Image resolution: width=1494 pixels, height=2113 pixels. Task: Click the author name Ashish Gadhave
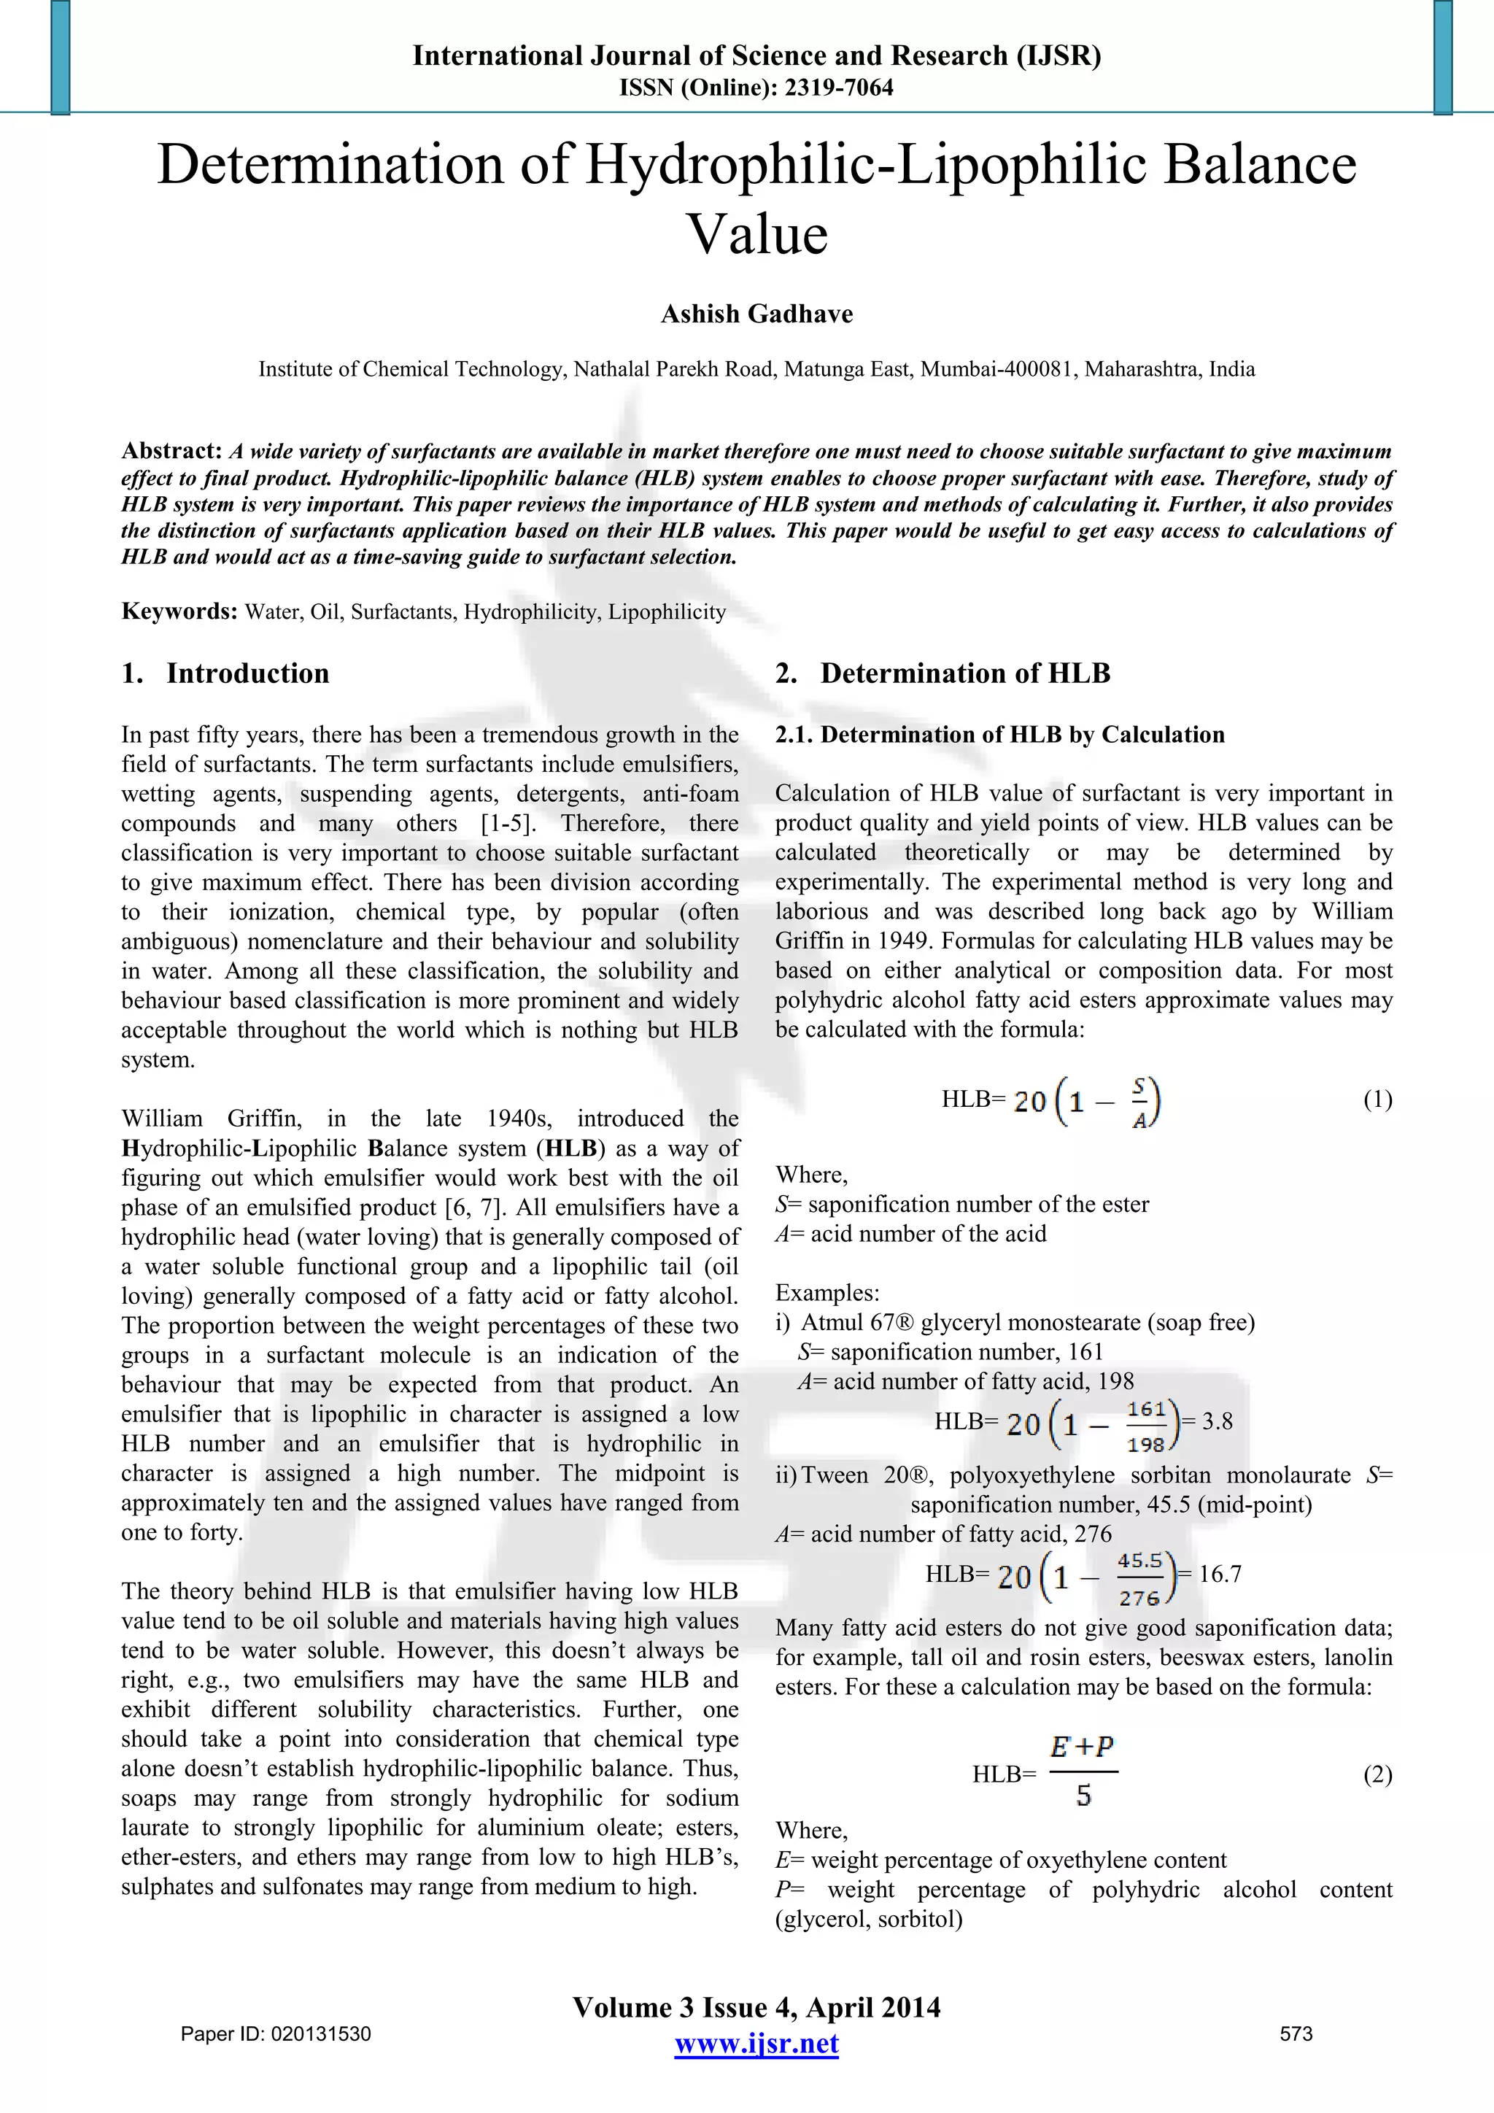pos(756,314)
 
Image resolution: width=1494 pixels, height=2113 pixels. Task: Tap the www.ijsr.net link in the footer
pos(756,2044)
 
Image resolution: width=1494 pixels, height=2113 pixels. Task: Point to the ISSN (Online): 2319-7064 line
pos(756,88)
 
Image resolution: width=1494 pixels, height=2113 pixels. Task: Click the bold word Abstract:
pos(172,451)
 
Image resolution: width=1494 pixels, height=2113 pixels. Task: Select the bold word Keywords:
pos(179,612)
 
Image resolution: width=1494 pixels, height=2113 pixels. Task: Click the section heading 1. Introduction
pos(225,673)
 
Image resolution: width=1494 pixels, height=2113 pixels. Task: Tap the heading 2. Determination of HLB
pos(943,673)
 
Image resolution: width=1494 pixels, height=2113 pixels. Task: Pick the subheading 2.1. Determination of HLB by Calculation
pos(1000,735)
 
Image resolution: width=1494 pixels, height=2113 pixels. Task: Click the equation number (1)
pos(1377,1100)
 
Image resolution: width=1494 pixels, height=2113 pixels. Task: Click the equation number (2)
pos(1377,1774)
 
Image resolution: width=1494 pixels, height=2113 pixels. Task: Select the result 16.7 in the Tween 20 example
pos(1220,1575)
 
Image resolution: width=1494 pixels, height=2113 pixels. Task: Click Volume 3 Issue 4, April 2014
pos(756,2007)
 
